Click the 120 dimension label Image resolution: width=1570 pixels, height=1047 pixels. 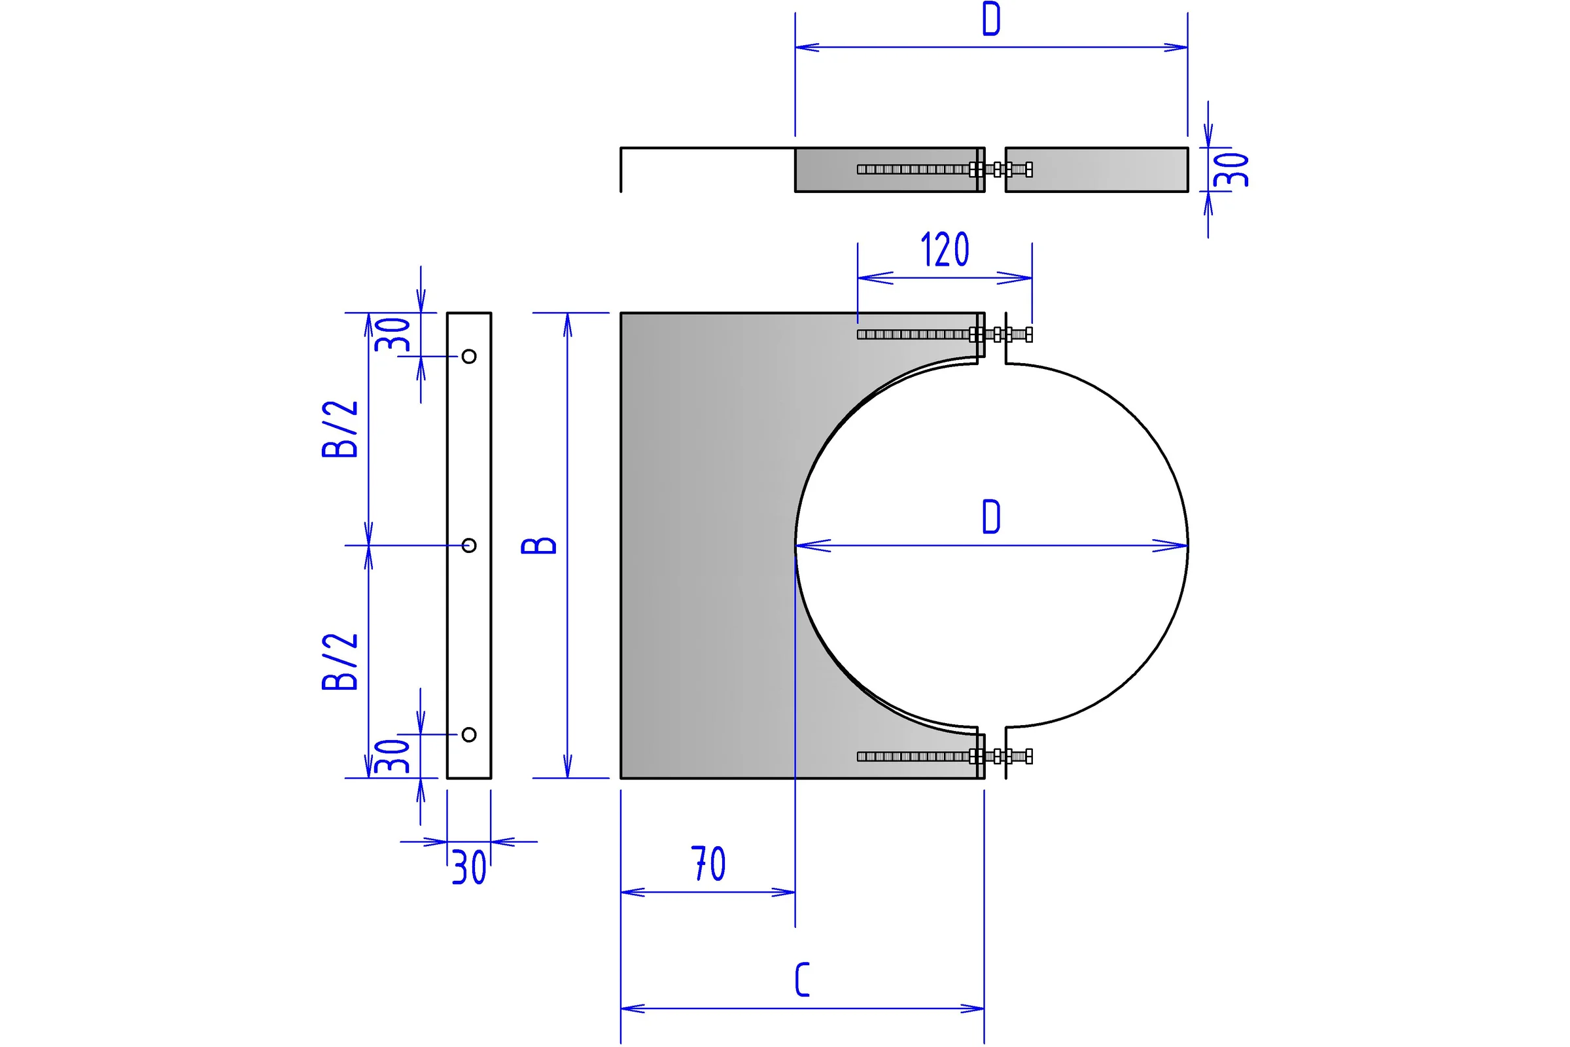click(x=945, y=249)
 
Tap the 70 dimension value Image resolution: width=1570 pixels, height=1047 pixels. click(x=708, y=864)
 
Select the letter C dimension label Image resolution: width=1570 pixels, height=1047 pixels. click(x=803, y=980)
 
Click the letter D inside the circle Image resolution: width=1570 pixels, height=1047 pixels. click(x=991, y=516)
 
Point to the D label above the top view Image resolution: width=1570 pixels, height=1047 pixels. click(x=991, y=19)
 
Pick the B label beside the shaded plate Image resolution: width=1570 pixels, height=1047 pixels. click(x=538, y=546)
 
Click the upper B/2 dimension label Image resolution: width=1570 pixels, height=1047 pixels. click(x=340, y=429)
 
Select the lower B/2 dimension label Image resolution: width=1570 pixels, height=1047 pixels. click(x=340, y=662)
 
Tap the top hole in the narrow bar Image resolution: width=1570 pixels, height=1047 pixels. click(x=469, y=357)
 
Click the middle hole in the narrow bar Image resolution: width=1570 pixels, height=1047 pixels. click(x=469, y=546)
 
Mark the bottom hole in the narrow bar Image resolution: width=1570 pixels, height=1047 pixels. click(x=469, y=734)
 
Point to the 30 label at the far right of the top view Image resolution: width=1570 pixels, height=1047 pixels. click(x=1231, y=169)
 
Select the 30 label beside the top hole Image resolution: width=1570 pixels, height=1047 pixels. click(x=392, y=334)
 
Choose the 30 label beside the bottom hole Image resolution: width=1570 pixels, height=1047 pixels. click(x=392, y=756)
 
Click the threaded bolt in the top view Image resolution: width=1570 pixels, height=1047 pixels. click(x=945, y=169)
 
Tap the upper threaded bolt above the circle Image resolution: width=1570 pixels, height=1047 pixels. click(x=945, y=334)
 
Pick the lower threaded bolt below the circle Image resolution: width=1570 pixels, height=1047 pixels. click(x=945, y=756)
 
